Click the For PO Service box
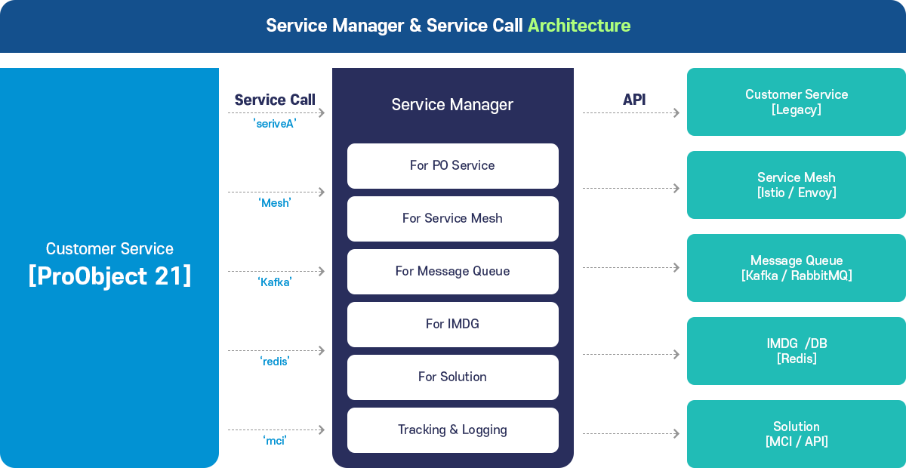click(x=452, y=166)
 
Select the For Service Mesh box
click(x=452, y=219)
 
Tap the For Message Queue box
click(x=452, y=272)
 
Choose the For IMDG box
click(x=452, y=325)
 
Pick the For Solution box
click(x=452, y=377)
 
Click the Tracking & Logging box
click(x=452, y=430)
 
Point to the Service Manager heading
click(x=452, y=105)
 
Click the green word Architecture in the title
click(x=579, y=26)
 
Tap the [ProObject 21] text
click(x=110, y=276)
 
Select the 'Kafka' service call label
click(x=275, y=282)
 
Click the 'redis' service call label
click(x=275, y=362)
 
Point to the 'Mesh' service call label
click(x=275, y=203)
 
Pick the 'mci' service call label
click(x=275, y=441)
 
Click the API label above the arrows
click(x=634, y=100)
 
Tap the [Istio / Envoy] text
click(x=797, y=192)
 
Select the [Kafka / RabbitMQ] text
click(x=797, y=276)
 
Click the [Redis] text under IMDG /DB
click(x=797, y=359)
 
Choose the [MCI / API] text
click(x=797, y=442)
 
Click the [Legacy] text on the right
click(x=797, y=109)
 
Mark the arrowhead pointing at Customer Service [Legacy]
click(x=676, y=113)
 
